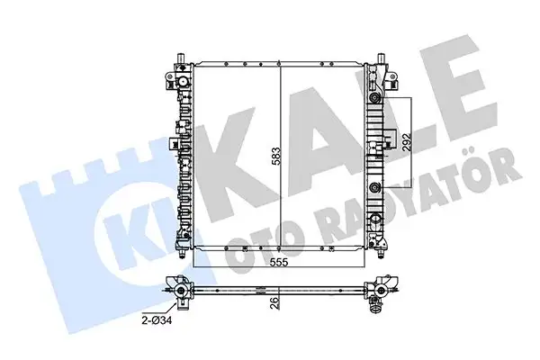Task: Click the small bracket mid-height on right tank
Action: coord(388,137)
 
